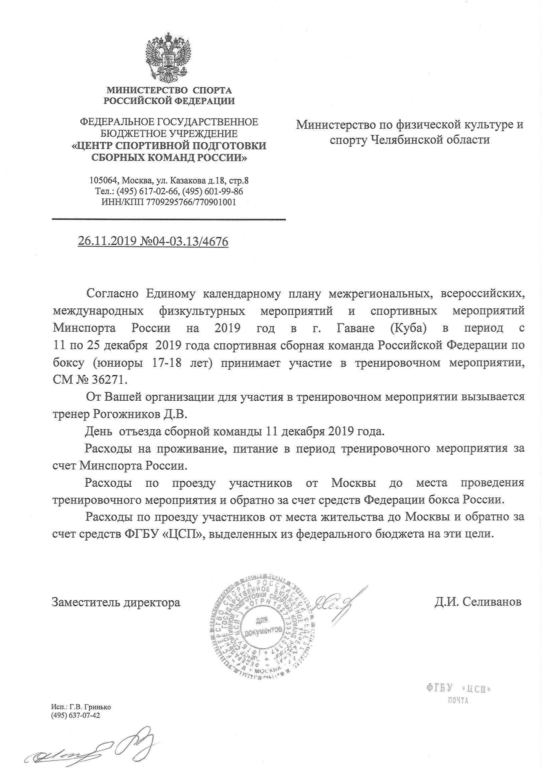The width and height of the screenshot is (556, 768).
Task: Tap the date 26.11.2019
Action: (x=107, y=242)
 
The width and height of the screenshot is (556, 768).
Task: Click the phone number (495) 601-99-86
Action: (x=213, y=191)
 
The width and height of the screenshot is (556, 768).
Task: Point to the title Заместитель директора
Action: (x=116, y=602)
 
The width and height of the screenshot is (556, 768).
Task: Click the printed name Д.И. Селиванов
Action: (x=478, y=601)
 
